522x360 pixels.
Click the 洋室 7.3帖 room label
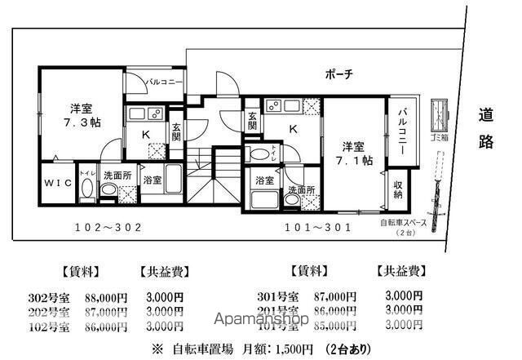(80, 115)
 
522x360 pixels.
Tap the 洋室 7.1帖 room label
(357, 153)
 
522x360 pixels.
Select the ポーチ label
(338, 74)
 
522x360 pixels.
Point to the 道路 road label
(486, 128)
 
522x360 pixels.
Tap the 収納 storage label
(397, 189)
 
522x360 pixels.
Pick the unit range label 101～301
(317, 228)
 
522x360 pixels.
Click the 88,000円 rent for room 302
(106, 297)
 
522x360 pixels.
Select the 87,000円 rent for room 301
(336, 296)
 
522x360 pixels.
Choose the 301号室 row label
(278, 296)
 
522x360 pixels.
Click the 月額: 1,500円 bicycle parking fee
(277, 349)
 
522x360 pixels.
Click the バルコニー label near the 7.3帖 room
(165, 82)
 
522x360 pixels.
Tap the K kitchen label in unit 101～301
(292, 128)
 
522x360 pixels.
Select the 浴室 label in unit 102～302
(152, 179)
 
